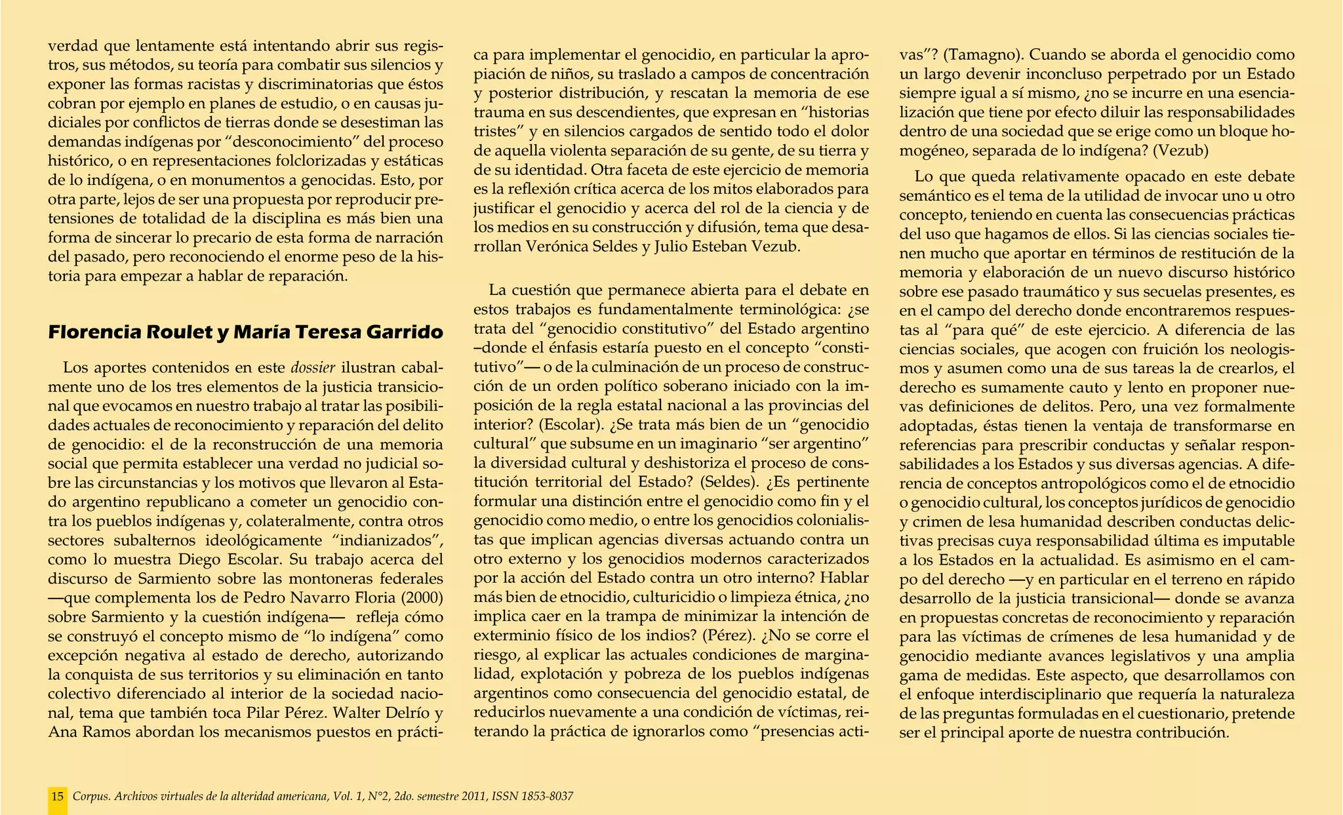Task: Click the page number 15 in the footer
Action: pos(57,797)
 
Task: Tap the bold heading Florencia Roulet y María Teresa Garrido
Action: pos(246,332)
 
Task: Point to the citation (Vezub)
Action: pos(1180,150)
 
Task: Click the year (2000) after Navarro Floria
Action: pos(419,598)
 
